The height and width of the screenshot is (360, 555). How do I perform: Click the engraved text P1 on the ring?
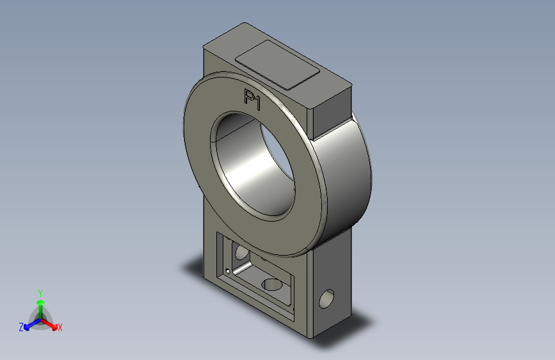coord(252,100)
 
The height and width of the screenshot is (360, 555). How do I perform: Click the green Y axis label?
coord(40,293)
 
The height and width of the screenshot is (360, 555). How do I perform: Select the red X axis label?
coord(60,328)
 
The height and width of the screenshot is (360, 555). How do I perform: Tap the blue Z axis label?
coord(21,327)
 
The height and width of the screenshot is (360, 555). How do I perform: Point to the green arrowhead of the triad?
coord(41,302)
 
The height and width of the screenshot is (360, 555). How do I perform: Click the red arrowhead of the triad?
coord(54,327)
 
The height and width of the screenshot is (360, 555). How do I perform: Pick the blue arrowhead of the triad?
coord(26,328)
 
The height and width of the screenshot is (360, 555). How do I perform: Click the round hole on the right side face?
coord(326,299)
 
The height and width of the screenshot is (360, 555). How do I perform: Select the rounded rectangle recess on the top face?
coord(278,65)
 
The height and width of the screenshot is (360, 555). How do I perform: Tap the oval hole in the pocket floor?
coord(272,284)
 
